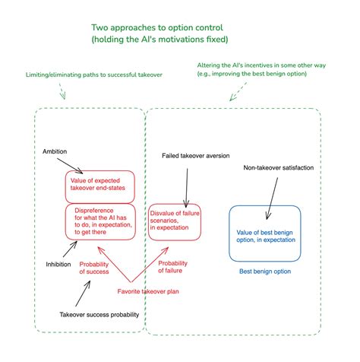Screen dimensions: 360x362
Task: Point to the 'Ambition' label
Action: [55, 151]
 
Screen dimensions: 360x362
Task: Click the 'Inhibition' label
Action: [58, 265]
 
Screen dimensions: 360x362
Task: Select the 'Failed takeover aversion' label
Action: [196, 156]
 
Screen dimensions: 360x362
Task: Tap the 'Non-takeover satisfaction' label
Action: [279, 167]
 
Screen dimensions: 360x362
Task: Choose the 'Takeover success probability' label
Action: [99, 315]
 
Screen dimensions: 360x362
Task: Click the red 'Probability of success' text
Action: [94, 268]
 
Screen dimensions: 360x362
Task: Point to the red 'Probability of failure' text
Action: [172, 267]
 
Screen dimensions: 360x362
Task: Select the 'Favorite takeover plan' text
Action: [148, 291]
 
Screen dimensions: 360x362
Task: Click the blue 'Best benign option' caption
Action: [265, 271]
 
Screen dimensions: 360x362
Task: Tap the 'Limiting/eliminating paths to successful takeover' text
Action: [94, 75]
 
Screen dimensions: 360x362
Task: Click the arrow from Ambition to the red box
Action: [70, 166]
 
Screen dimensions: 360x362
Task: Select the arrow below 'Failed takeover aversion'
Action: [187, 188]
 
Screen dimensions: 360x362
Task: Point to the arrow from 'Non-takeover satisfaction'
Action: [272, 198]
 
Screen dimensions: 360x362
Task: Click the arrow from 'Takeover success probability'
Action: [83, 294]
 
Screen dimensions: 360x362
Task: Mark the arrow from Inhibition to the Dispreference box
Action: [70, 249]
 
